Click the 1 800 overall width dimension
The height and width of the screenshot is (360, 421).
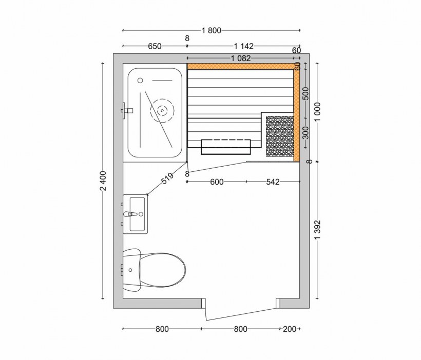click(x=211, y=30)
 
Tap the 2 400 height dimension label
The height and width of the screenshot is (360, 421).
click(x=103, y=182)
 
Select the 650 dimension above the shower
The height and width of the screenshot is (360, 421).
click(x=155, y=46)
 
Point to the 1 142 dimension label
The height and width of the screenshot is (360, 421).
click(x=243, y=46)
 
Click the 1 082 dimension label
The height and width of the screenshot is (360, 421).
click(x=241, y=58)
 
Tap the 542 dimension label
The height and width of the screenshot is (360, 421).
click(x=273, y=182)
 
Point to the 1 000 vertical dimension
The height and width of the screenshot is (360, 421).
click(x=317, y=111)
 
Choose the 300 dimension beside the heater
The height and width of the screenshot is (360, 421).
click(x=305, y=132)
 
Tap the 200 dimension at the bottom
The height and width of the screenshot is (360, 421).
click(x=290, y=329)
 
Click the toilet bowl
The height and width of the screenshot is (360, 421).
click(x=162, y=269)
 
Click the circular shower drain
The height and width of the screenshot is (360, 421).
click(x=162, y=110)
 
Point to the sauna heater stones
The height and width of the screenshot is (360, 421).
click(x=279, y=136)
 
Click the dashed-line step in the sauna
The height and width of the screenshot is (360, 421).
click(x=226, y=140)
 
